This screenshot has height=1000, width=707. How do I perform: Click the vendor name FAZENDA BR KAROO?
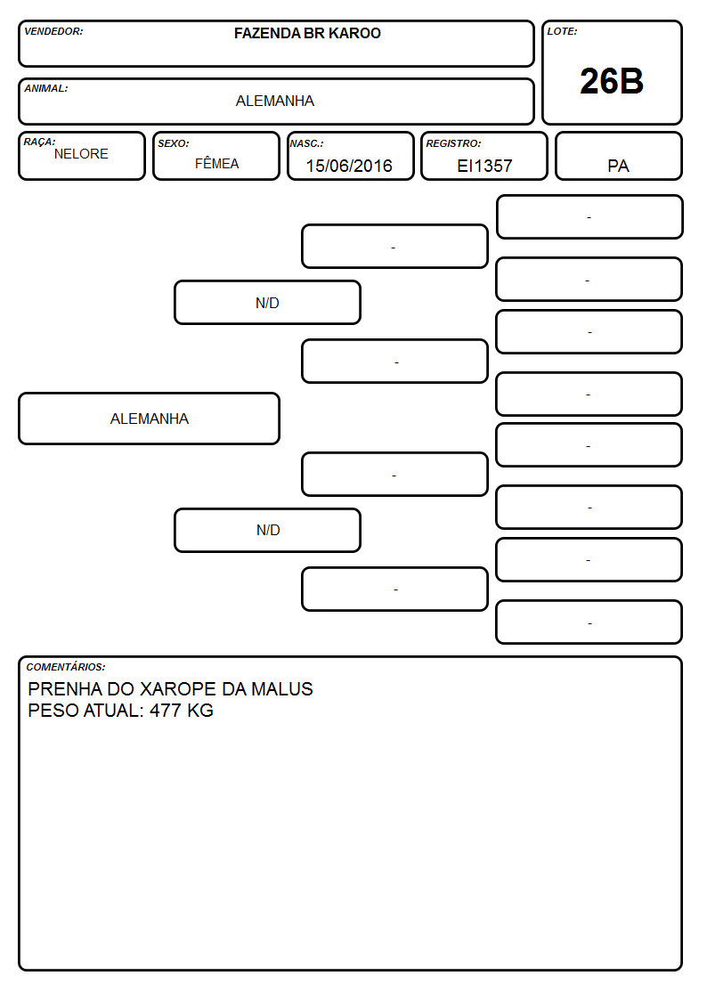click(x=307, y=33)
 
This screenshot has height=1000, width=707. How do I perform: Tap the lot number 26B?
click(x=612, y=81)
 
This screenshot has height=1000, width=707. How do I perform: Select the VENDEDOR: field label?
click(x=53, y=31)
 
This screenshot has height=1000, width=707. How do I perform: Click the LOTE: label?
click(x=562, y=31)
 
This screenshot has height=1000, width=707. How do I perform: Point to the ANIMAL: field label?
click(x=46, y=89)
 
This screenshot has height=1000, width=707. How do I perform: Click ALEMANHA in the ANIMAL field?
click(x=275, y=101)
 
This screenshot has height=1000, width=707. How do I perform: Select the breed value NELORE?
click(x=81, y=154)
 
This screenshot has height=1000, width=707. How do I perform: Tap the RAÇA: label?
click(x=39, y=142)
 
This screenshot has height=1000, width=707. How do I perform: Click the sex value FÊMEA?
click(x=216, y=163)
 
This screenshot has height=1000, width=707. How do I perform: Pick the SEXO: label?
click(x=174, y=143)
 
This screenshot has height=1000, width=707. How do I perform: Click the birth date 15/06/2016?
click(x=349, y=166)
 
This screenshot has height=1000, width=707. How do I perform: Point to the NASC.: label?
click(x=306, y=143)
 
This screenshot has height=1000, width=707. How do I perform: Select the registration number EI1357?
click(x=484, y=166)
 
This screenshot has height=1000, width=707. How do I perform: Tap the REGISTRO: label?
click(x=453, y=143)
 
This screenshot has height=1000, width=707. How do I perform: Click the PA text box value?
click(x=618, y=166)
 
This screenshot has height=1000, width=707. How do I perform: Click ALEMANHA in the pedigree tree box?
click(x=150, y=419)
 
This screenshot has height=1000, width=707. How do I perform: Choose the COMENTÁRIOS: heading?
click(x=66, y=667)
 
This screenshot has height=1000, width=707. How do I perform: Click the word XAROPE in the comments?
click(x=178, y=688)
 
